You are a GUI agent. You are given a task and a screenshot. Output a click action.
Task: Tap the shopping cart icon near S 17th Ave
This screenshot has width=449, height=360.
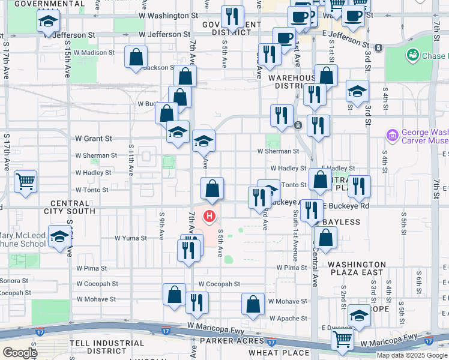tap(25, 181)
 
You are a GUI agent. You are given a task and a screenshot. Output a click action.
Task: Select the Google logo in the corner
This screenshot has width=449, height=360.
tap(19, 353)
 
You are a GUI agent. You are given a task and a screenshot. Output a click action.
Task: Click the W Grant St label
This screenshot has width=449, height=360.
tap(94, 138)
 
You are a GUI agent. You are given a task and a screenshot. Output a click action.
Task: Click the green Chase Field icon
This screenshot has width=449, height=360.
tap(413, 56)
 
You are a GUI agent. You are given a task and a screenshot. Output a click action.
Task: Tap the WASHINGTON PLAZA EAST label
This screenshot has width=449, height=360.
tap(357, 268)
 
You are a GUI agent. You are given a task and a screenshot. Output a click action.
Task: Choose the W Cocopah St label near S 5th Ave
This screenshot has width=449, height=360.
tap(219, 284)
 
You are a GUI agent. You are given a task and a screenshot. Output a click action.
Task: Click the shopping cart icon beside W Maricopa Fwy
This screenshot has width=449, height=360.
tap(342, 338)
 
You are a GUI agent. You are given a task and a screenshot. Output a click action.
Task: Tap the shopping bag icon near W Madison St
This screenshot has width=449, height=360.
tap(136, 57)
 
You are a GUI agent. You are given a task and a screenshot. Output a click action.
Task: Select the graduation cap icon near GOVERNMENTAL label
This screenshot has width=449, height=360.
tap(47, 22)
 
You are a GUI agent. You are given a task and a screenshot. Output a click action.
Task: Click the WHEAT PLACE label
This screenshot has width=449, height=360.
tap(277, 352)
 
